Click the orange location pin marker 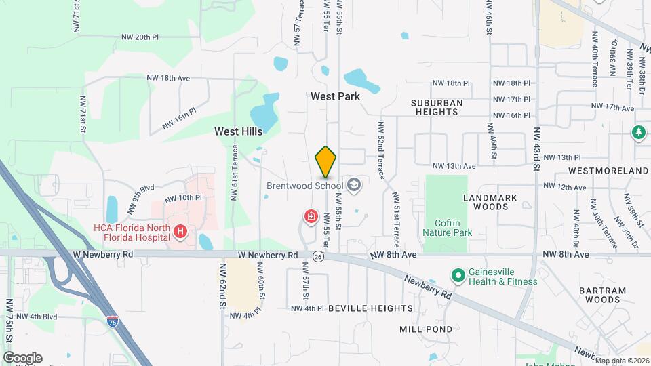coord(326,161)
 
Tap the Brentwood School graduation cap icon coord(353,184)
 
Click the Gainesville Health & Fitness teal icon coord(458,276)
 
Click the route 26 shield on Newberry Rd coord(318,256)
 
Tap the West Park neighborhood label coord(335,96)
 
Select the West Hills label coord(239,131)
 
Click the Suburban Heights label coord(437,108)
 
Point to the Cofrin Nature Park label coord(446,226)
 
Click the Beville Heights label coord(370,308)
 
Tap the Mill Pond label coord(426,329)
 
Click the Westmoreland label coord(608,170)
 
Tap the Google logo coord(22,358)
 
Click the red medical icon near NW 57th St coord(311,216)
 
